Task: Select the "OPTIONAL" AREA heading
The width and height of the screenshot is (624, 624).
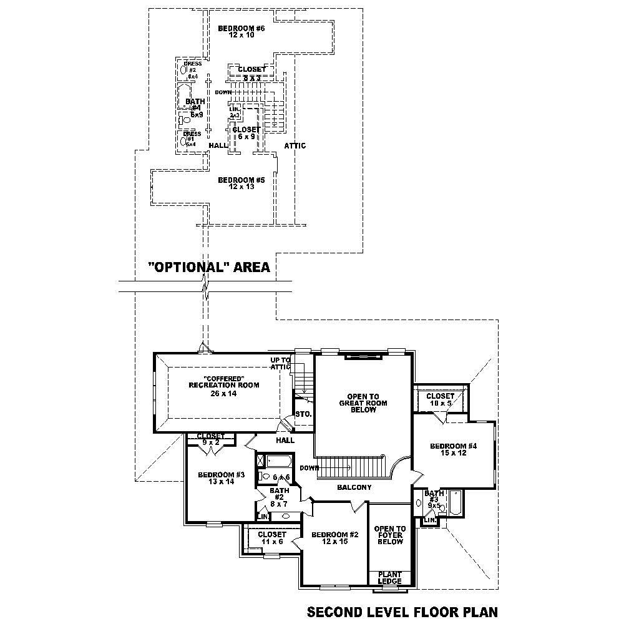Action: (x=208, y=268)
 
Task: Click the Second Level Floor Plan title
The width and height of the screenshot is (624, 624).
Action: (x=402, y=611)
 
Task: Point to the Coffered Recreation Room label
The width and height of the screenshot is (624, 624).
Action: (x=223, y=386)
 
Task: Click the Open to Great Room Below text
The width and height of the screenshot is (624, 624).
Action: (x=363, y=403)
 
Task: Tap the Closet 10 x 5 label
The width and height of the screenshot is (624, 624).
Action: (x=441, y=399)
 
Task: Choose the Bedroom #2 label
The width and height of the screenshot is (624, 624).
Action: (x=335, y=538)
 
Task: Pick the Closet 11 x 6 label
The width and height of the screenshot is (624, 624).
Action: (x=271, y=538)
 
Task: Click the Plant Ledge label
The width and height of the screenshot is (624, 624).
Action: (x=389, y=577)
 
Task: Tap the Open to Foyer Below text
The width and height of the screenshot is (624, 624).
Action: (x=389, y=535)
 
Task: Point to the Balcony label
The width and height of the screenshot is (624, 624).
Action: (x=354, y=487)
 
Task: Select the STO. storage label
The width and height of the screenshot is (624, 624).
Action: (x=303, y=414)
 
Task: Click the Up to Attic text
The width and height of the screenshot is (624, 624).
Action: (x=280, y=364)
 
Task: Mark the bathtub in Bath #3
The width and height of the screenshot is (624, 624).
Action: (x=455, y=503)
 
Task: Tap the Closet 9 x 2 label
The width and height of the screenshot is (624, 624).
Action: (x=210, y=439)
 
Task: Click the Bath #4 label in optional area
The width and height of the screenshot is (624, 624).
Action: (x=195, y=107)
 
